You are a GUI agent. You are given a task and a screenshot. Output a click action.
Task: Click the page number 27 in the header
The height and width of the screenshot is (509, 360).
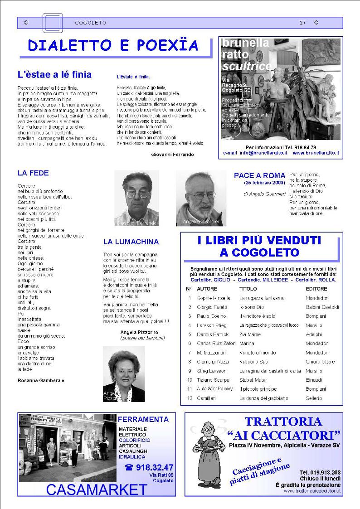302,23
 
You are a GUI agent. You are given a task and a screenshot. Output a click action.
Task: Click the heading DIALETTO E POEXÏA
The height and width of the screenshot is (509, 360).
113,45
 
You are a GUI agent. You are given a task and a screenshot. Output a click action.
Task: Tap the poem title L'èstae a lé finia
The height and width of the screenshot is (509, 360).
54,75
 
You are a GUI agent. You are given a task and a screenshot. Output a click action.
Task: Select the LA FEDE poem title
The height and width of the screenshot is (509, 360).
33,173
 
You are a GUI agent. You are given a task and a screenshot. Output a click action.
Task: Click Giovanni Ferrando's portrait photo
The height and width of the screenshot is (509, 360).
136,198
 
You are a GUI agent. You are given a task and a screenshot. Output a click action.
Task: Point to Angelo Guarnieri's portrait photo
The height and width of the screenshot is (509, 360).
201,198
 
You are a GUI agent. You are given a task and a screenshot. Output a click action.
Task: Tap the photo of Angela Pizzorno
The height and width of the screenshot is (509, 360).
124,374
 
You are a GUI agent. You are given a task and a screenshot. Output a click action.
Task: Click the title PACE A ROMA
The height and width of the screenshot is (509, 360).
259,175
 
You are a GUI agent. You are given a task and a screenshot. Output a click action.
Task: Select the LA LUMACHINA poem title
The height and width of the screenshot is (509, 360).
131,242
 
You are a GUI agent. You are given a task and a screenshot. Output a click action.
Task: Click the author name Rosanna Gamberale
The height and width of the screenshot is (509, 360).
41,380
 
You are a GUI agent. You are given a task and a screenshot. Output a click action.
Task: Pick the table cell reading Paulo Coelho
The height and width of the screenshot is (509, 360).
210,316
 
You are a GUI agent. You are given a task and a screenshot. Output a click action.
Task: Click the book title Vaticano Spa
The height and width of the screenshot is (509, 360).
253,362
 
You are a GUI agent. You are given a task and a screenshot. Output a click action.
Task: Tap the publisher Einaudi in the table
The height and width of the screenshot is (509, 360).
314,380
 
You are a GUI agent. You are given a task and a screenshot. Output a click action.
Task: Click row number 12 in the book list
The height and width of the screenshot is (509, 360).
190,398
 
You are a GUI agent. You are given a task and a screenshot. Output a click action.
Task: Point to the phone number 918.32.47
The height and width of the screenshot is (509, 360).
154,467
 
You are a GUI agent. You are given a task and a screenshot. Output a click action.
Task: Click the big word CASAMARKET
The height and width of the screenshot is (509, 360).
97,490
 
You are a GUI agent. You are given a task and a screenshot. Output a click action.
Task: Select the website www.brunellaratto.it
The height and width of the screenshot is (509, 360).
316,153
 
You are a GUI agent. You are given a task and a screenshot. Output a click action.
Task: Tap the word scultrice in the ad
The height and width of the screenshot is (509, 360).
247,66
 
